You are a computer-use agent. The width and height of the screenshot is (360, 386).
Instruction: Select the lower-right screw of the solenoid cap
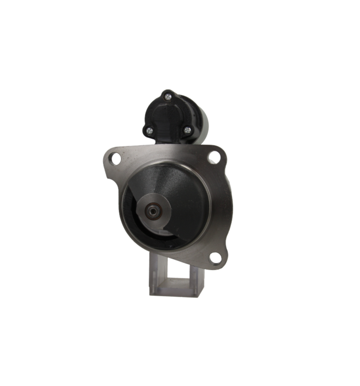click(187, 128)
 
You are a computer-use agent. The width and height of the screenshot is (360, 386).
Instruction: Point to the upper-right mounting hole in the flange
click(213, 158)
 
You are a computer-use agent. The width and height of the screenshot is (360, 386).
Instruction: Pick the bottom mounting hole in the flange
click(213, 257)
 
